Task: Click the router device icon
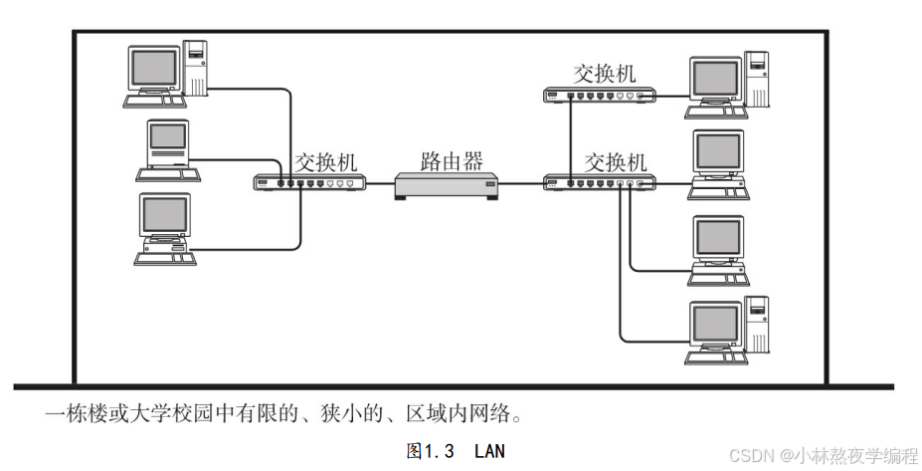click(445, 186)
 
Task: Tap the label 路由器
click(453, 159)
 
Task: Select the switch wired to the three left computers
click(309, 183)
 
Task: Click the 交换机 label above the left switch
click(324, 160)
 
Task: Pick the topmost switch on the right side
click(600, 96)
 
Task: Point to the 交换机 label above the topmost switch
click(605, 73)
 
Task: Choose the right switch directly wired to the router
click(600, 183)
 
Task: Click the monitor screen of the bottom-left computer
click(164, 214)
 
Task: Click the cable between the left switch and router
click(380, 184)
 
